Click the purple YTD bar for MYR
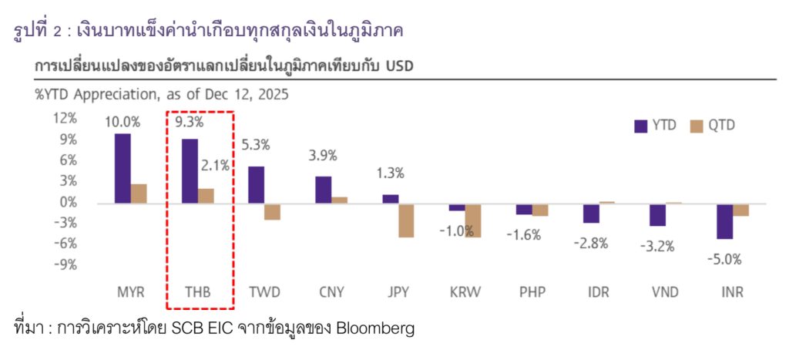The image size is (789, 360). click(123, 168)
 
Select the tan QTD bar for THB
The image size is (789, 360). click(206, 196)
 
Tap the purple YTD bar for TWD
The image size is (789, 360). click(256, 185)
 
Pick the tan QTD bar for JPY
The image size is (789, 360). click(407, 220)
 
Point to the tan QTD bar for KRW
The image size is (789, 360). click(473, 220)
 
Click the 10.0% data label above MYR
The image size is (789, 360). click(123, 122)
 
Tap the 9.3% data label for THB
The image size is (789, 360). click(190, 122)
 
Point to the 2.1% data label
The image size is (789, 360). click(215, 165)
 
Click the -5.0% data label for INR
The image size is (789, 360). click(725, 259)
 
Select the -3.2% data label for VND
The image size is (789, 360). click(658, 247)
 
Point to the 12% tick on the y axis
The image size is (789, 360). click(65, 118)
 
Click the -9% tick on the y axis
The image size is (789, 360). click(65, 264)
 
